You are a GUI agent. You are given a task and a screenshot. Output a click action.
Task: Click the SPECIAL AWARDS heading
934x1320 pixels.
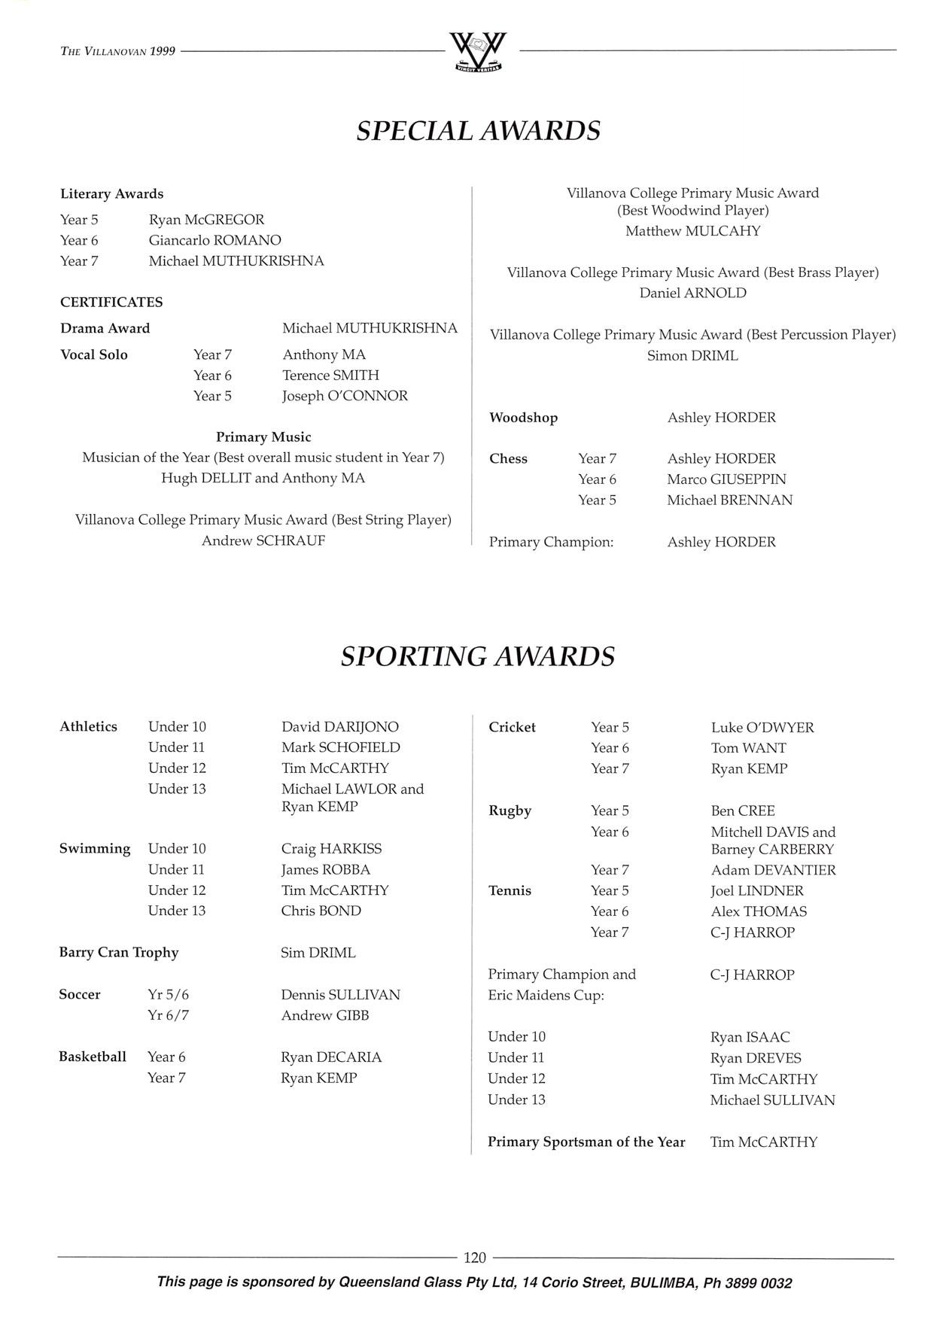click(478, 131)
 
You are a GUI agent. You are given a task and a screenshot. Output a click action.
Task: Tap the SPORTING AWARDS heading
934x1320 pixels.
click(477, 656)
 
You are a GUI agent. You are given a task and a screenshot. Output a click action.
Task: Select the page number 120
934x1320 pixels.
click(475, 1258)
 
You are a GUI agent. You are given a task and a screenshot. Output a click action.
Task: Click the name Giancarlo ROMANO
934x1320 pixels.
click(214, 241)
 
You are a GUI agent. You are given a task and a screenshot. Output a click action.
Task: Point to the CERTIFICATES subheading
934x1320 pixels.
click(111, 303)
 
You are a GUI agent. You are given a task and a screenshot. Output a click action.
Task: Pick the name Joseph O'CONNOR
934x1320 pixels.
click(345, 396)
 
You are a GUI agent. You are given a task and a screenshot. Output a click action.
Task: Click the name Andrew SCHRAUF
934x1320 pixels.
click(263, 540)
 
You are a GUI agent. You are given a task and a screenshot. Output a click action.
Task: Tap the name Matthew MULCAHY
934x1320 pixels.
click(692, 231)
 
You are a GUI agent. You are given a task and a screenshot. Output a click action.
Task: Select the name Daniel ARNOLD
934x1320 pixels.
click(692, 293)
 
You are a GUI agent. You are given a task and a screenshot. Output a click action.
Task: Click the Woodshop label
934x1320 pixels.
click(523, 418)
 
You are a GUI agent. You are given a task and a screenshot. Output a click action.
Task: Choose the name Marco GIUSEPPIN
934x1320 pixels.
click(726, 479)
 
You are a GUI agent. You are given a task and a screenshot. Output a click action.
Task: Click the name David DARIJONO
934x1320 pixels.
click(340, 727)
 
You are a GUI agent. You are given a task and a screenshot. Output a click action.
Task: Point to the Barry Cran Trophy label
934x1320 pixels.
click(119, 953)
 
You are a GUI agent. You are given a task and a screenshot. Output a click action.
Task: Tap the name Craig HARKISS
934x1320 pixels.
click(331, 849)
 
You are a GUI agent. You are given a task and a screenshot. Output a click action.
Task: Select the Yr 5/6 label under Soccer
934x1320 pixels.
click(169, 995)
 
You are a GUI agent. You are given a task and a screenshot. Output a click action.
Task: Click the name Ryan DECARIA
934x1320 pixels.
click(331, 1057)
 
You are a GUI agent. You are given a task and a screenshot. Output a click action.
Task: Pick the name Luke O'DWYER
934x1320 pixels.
click(762, 728)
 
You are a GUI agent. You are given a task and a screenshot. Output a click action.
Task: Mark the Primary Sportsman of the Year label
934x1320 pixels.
click(586, 1142)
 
